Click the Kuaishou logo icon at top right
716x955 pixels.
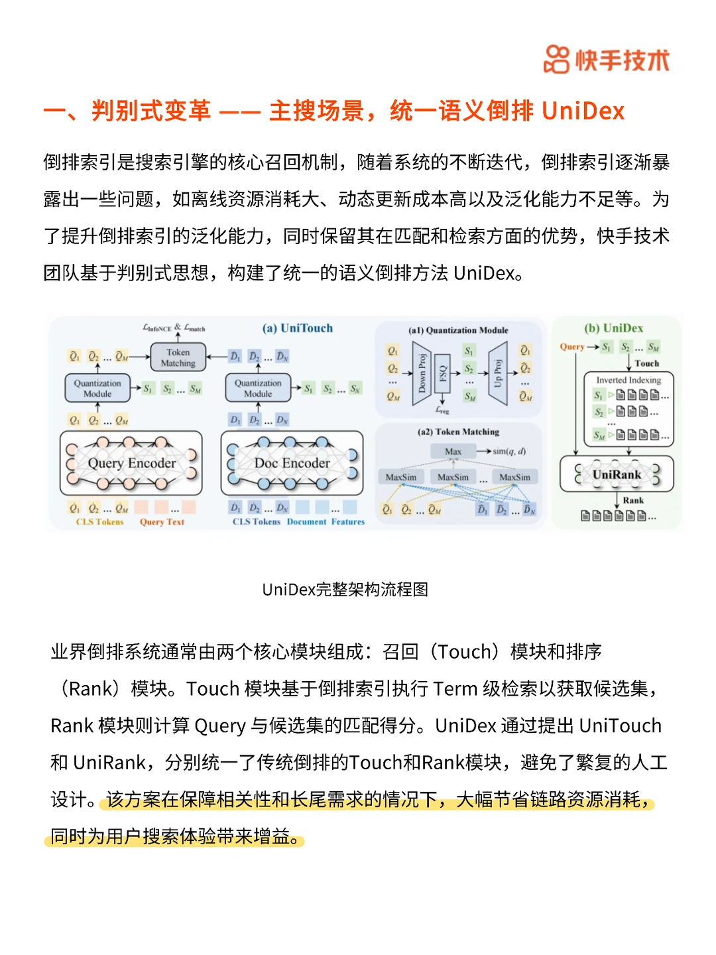pos(556,60)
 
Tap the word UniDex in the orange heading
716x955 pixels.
pos(583,111)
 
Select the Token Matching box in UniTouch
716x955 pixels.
pos(178,357)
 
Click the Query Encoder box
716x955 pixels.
pos(131,463)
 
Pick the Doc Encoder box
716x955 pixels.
pos(292,463)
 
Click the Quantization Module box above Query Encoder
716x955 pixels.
pos(97,389)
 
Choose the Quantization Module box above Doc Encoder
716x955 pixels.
pos(258,389)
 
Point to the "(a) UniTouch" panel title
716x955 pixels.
pos(298,328)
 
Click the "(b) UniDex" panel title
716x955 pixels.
pos(613,328)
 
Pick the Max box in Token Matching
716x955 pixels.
pos(453,452)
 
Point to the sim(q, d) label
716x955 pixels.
pos(509,452)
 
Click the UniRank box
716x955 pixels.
pos(617,474)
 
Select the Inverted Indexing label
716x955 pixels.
pos(628,380)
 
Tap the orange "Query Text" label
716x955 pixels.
pos(162,522)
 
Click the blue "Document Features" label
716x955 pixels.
pos(326,522)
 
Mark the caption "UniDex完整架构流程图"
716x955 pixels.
pos(345,590)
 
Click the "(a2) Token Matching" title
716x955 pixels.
pos(458,432)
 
